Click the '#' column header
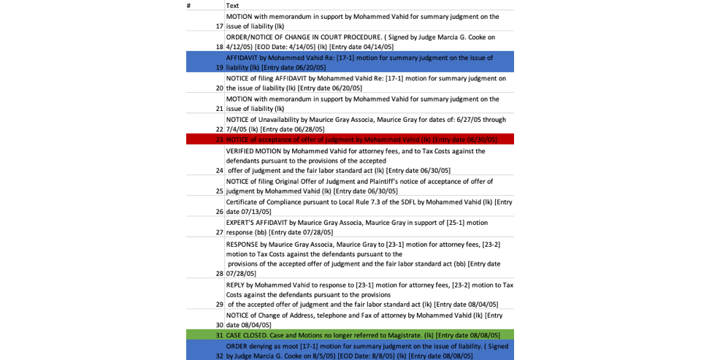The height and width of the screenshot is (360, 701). tap(188, 5)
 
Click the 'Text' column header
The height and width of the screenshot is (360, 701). tap(232, 5)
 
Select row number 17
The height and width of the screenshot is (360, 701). tap(219, 26)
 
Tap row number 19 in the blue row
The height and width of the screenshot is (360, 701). tap(219, 67)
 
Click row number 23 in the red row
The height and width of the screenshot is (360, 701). tap(219, 139)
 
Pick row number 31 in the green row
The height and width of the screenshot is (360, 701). tap(219, 335)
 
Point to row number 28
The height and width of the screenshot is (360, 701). tap(219, 274)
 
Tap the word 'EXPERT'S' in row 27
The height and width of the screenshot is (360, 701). tap(242, 223)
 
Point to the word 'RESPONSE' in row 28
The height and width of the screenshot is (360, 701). tap(243, 245)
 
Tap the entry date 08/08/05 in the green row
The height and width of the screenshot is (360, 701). tap(484, 335)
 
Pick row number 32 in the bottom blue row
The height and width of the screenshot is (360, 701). tap(219, 356)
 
